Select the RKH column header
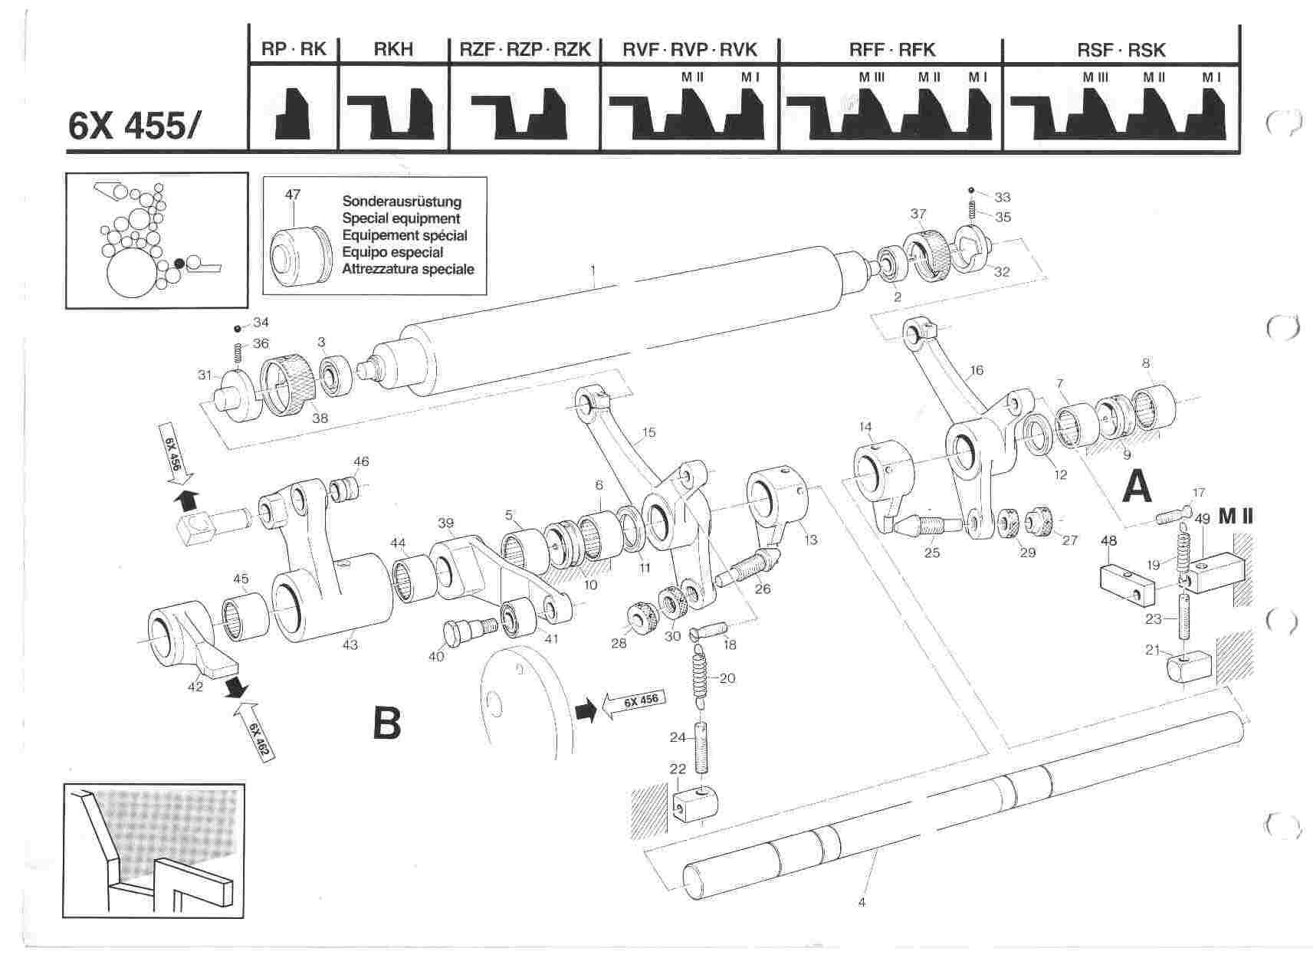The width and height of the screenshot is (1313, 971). point(392,50)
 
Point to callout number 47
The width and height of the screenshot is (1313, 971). point(293,194)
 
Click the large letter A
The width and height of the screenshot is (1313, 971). point(1137,487)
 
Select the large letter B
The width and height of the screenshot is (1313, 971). point(386,723)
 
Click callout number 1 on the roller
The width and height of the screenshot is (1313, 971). point(593,271)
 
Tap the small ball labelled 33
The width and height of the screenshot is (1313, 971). point(970,189)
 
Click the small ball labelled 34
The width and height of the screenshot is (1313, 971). point(238,328)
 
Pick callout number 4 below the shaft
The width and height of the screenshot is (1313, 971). point(862,903)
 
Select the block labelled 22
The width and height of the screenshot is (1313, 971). point(695,804)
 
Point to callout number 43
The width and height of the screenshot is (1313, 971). point(350,645)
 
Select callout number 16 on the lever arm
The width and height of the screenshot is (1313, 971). point(975,372)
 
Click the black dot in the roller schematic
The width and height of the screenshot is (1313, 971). point(179,263)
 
